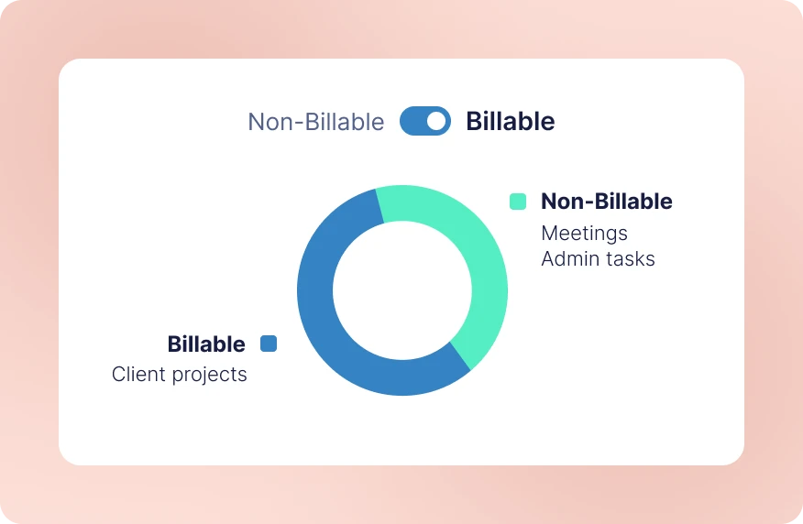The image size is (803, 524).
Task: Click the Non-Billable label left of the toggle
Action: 315,122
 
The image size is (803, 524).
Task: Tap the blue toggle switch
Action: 425,121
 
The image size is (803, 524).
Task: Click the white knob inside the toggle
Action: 437,121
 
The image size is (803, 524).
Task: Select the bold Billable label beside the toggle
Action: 510,121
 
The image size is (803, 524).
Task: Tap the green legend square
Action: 518,202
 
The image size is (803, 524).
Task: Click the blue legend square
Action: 269,344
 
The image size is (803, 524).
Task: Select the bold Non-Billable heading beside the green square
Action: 606,202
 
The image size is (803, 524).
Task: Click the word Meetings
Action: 584,233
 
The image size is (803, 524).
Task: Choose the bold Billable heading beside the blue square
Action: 206,344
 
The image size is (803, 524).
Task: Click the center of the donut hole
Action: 401,290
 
